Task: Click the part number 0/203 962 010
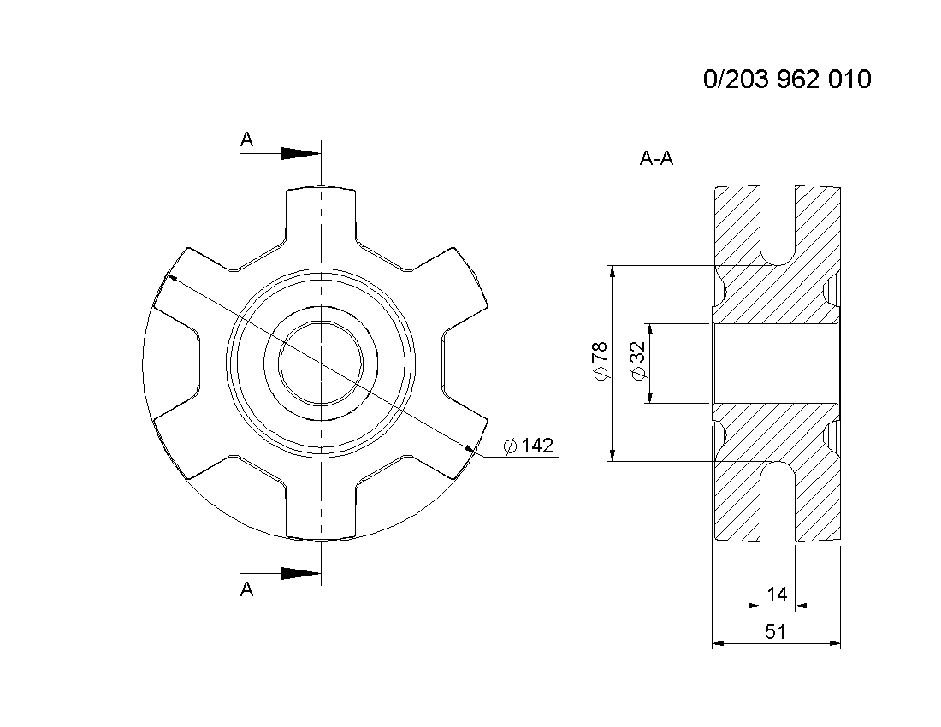[x=787, y=80]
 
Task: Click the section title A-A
[x=656, y=158]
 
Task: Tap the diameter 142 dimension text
[x=528, y=446]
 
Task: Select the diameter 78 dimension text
[x=601, y=361]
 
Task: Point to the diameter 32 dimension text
[x=638, y=360]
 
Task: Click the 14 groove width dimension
[x=777, y=594]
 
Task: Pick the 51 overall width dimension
[x=775, y=631]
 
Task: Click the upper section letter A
[x=246, y=139]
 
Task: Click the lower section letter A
[x=246, y=589]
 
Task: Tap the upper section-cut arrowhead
[x=300, y=154]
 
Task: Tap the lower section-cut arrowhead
[x=300, y=573]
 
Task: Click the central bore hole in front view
[x=322, y=363]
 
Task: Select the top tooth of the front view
[x=321, y=216]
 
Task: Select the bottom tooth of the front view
[x=321, y=510]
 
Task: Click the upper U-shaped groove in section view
[x=778, y=225]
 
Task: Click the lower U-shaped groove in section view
[x=778, y=501]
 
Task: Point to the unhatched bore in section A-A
[x=775, y=363]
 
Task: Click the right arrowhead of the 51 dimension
[x=834, y=644]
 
